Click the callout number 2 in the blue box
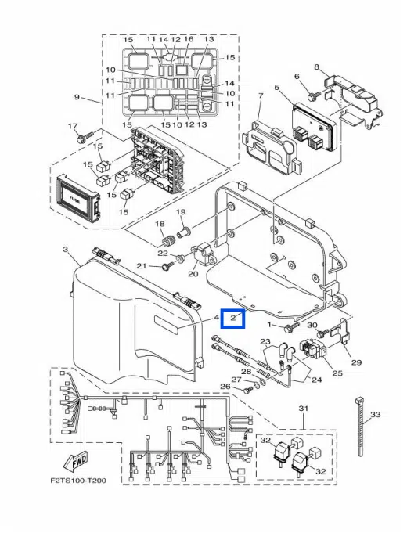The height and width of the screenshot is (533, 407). click(x=233, y=319)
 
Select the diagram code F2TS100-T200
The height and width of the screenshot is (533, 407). click(x=78, y=481)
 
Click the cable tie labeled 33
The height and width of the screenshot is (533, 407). click(x=361, y=427)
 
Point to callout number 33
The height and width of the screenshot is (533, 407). click(x=375, y=414)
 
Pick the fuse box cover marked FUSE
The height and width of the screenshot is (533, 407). click(x=77, y=197)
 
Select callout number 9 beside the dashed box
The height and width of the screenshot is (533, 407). click(x=77, y=98)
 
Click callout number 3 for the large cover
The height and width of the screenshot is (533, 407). click(x=65, y=250)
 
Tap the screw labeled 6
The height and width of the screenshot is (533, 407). click(x=314, y=95)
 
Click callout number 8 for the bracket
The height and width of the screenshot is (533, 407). click(x=317, y=67)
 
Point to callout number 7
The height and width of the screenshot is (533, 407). click(x=261, y=96)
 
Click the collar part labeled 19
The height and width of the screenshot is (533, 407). click(x=184, y=234)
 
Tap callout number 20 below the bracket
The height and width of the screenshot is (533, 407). click(x=193, y=273)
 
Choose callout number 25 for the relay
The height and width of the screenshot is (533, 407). click(x=337, y=373)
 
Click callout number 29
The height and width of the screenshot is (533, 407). click(x=356, y=362)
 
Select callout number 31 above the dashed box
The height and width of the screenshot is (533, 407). click(x=304, y=408)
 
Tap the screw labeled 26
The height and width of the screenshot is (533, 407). click(x=247, y=390)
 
